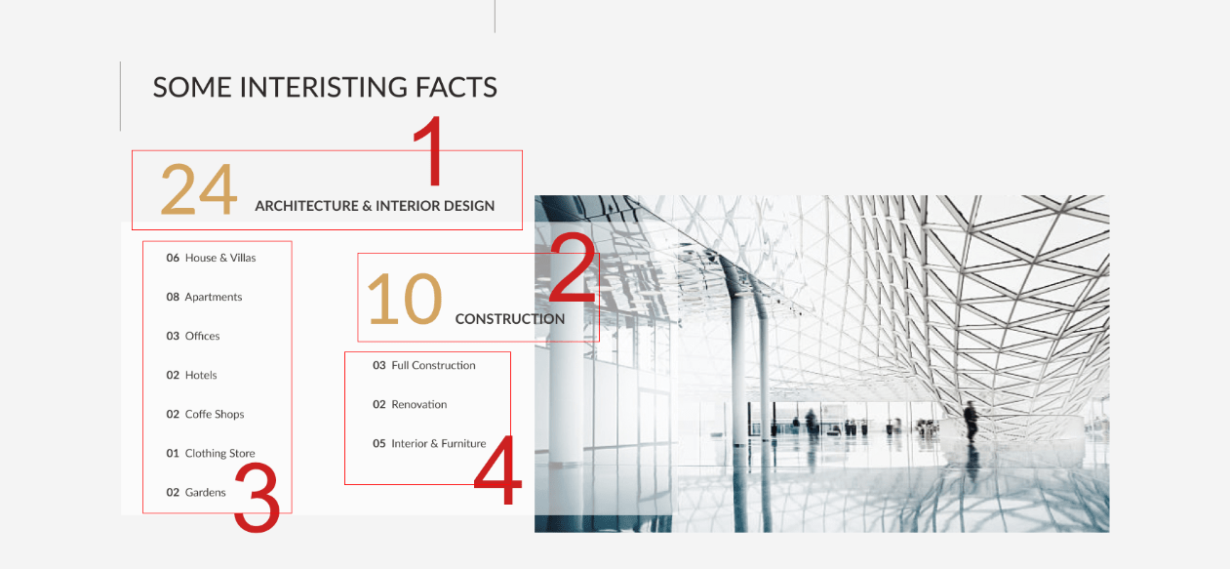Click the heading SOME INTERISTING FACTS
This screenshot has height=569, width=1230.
pos(325,87)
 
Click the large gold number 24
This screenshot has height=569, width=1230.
pos(199,189)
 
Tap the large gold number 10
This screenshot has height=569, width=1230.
pos(404,299)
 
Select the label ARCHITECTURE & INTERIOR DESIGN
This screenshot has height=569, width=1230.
pos(375,206)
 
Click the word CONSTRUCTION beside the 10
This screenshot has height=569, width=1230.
pos(509,319)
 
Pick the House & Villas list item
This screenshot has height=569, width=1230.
pos(211,258)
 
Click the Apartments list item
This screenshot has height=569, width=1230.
pos(204,297)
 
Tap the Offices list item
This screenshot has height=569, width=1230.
pos(193,336)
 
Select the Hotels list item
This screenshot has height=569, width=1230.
pos(191,375)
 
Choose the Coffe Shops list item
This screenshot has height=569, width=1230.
pos(205,414)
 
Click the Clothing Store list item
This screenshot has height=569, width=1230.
pos(211,453)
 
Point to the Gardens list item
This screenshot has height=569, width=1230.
pos(195,492)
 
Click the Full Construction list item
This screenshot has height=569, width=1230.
pos(424,365)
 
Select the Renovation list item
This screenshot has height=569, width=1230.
pos(410,404)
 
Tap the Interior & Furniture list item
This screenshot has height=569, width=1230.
pos(429,443)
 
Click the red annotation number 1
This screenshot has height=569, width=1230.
pos(430,150)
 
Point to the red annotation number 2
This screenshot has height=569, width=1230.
pos(573,266)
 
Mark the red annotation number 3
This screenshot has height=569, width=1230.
pos(257,498)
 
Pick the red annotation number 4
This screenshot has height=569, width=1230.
pos(497,469)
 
